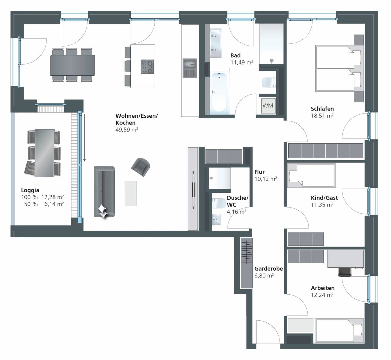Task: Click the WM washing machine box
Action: tap(268, 106)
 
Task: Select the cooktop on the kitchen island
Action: tap(147, 67)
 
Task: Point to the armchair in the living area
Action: tap(141, 167)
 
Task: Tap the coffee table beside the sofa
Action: tap(130, 193)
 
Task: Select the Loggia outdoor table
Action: tap(45, 153)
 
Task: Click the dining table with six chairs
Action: tap(72, 65)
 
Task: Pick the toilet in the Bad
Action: tap(269, 82)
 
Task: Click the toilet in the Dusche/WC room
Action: tap(219, 203)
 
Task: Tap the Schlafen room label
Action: tap(322, 109)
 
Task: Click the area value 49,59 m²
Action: tap(126, 129)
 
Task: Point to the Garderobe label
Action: tap(269, 268)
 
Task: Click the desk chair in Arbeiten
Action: tap(345, 272)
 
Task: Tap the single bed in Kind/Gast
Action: tap(311, 175)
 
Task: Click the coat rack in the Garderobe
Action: tap(246, 263)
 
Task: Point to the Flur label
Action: tap(259, 172)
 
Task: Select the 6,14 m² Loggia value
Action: tap(54, 204)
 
